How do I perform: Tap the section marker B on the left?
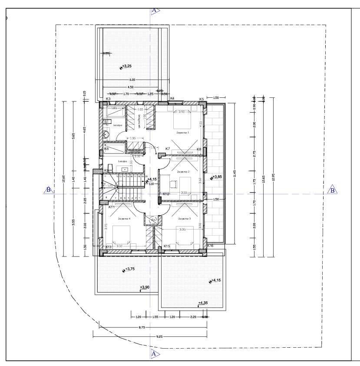click(49, 190)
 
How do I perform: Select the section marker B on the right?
click(333, 190)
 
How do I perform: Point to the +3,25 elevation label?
click(126, 67)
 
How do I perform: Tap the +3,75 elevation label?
click(130, 269)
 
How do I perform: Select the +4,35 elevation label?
click(203, 303)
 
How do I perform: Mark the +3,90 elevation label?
click(145, 287)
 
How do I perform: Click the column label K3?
click(108, 99)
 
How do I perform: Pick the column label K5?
click(201, 100)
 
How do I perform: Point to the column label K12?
click(165, 194)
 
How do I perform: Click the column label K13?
click(109, 246)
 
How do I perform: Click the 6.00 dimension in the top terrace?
click(132, 80)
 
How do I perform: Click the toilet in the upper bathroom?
click(106, 135)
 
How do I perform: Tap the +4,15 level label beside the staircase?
click(152, 179)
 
